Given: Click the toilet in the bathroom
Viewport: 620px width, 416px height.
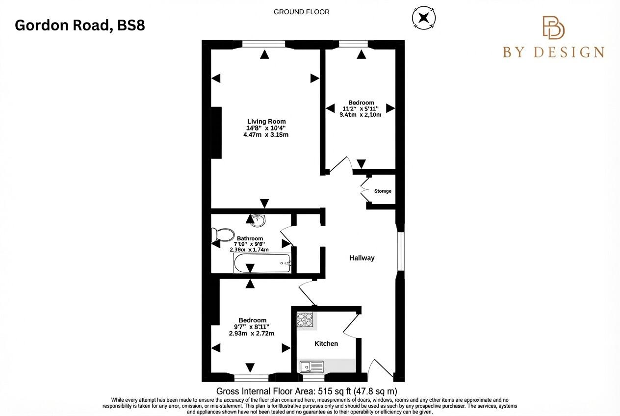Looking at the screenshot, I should pos(223,235).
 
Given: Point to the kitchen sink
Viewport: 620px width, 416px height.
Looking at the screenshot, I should pos(311,366).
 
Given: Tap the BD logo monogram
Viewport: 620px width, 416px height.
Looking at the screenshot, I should pos(553,27).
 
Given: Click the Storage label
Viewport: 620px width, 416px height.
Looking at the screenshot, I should pos(383,191).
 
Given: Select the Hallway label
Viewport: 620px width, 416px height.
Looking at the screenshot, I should pos(362,258).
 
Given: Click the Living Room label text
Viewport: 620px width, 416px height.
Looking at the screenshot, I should pos(266,121).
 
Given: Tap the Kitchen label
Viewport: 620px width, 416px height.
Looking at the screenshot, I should pos(326,343).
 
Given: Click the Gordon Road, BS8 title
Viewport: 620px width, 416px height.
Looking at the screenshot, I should pos(80,25).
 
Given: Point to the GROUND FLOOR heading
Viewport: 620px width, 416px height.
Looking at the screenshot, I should pos(302,12).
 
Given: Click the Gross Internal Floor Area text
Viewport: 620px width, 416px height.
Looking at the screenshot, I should pos(307,391).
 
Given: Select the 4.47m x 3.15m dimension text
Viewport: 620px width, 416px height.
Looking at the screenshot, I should pos(266,134).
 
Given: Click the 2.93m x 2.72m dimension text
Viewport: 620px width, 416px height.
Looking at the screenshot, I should pos(251,334).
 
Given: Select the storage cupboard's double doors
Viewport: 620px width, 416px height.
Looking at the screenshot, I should pos(364,188).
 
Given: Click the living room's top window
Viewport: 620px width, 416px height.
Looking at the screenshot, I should pos(264,45).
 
